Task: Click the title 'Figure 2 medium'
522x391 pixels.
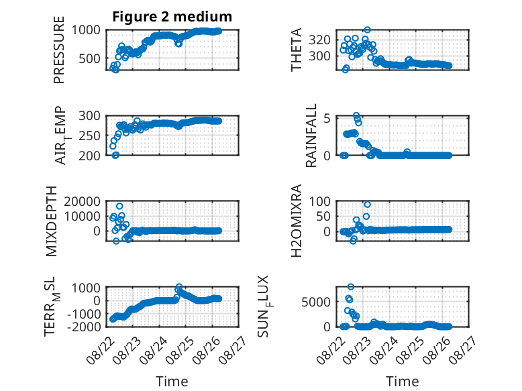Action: tap(172, 17)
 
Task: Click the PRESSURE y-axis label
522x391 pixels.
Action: tap(58, 50)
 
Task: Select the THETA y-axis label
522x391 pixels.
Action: tap(296, 50)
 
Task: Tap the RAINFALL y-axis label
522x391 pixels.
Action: tap(311, 135)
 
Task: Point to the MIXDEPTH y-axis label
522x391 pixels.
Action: tap(51, 221)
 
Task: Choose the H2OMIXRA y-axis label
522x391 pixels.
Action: tap(296, 221)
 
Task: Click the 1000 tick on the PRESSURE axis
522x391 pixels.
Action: tap(86, 30)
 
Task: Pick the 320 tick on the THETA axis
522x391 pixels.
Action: tap(319, 40)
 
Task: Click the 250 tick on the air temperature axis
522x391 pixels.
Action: tap(89, 135)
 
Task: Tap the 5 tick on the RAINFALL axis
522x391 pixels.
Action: tap(327, 119)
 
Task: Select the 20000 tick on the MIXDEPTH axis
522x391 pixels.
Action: tap(83, 201)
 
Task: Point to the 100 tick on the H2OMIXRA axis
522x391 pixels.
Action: tap(319, 201)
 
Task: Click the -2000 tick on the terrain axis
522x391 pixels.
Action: tap(84, 327)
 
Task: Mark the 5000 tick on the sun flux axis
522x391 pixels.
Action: tap(316, 302)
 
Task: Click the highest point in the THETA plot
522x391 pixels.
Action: tap(367, 30)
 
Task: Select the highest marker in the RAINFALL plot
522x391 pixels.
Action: tap(356, 115)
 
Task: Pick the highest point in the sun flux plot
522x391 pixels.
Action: tap(350, 286)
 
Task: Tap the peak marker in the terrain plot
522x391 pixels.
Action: tap(178, 286)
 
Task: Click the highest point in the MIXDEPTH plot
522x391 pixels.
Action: tap(119, 207)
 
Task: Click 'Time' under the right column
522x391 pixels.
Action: tap(402, 382)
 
